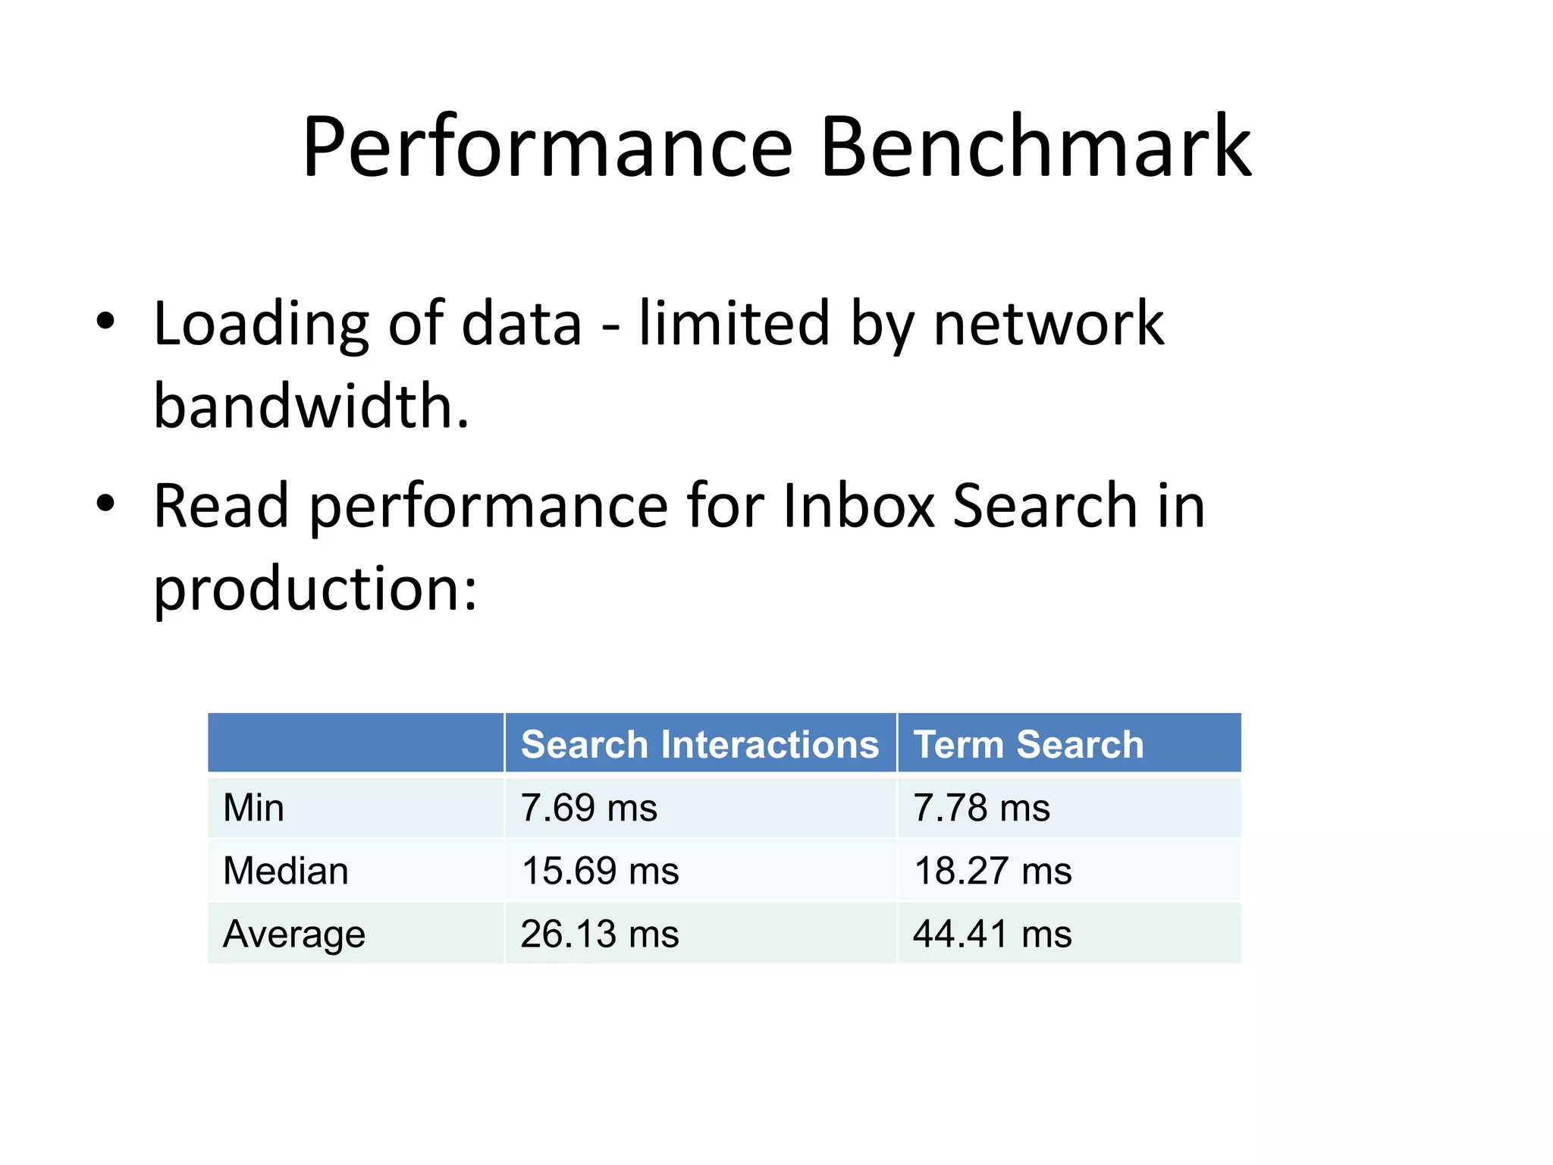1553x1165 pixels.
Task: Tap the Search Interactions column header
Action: [700, 744]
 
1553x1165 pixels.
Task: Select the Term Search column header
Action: [1028, 744]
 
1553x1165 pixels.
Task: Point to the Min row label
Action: [253, 808]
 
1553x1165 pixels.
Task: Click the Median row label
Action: [286, 871]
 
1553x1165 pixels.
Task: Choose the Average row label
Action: [294, 934]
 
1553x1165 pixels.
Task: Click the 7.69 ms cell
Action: [588, 808]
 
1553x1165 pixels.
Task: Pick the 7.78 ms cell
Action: [981, 808]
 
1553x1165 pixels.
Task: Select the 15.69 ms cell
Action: [600, 871]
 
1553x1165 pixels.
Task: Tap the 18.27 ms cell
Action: [993, 871]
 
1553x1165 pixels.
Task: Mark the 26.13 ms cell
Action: [600, 934]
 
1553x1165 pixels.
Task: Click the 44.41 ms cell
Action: [993, 934]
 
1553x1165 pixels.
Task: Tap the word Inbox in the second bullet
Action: [858, 507]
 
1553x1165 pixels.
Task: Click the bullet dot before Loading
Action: [105, 322]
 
